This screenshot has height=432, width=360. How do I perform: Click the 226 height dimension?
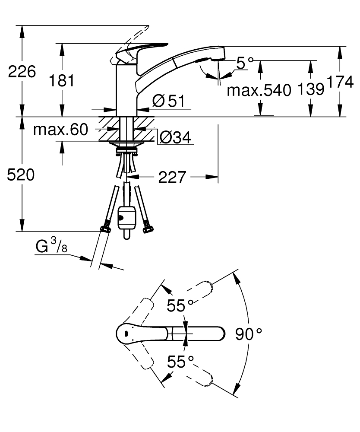point(22,72)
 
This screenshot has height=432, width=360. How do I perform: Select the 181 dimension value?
point(62,81)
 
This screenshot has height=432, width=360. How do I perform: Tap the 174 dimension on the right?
point(340,82)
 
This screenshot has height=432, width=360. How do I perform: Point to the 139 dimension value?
point(311,89)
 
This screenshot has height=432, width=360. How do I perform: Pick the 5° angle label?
point(245,63)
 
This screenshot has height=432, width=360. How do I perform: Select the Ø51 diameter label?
point(168,101)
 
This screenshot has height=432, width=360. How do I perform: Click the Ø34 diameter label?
point(175,137)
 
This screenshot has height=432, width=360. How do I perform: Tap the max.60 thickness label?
point(60,130)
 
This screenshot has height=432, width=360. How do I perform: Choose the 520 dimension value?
point(21,175)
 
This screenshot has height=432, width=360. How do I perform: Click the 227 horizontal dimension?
point(172,177)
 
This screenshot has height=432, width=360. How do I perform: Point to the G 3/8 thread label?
point(51,245)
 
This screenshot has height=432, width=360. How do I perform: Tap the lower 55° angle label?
point(180,362)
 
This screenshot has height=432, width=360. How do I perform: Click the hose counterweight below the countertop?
point(126,222)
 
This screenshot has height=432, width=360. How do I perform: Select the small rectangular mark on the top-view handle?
point(126,334)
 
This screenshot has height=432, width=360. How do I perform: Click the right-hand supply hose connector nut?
point(148,229)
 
